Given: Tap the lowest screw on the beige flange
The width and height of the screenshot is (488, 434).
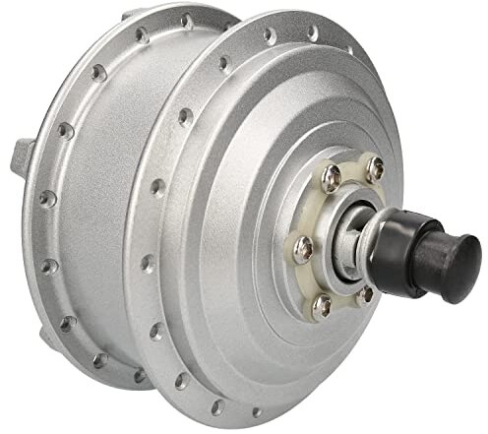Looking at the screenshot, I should [x=322, y=306].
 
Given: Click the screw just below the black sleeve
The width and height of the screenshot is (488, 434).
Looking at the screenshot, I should [x=366, y=292].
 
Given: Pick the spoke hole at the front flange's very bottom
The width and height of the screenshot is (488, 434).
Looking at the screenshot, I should [x=255, y=412].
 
